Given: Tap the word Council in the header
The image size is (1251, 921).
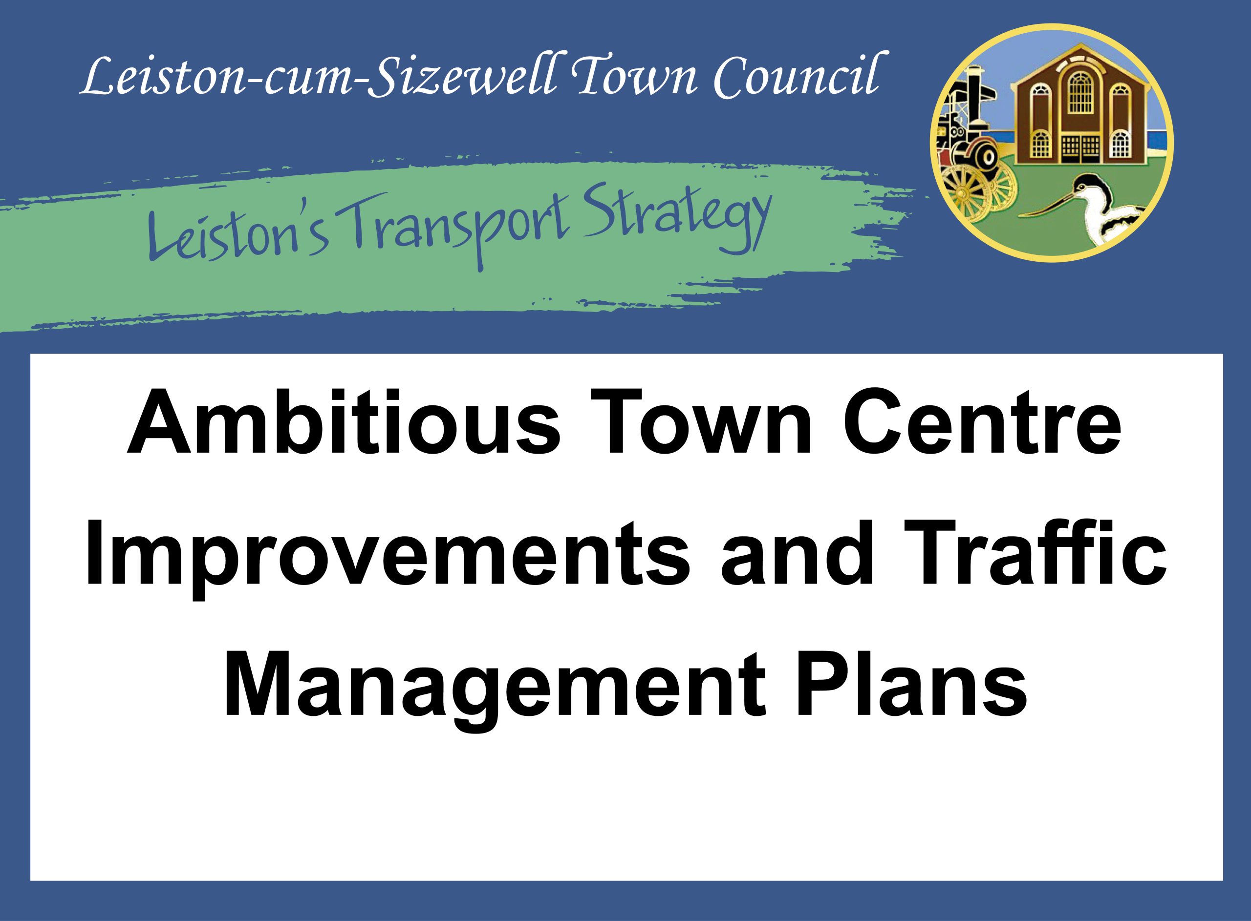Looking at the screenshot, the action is coord(798,77).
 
